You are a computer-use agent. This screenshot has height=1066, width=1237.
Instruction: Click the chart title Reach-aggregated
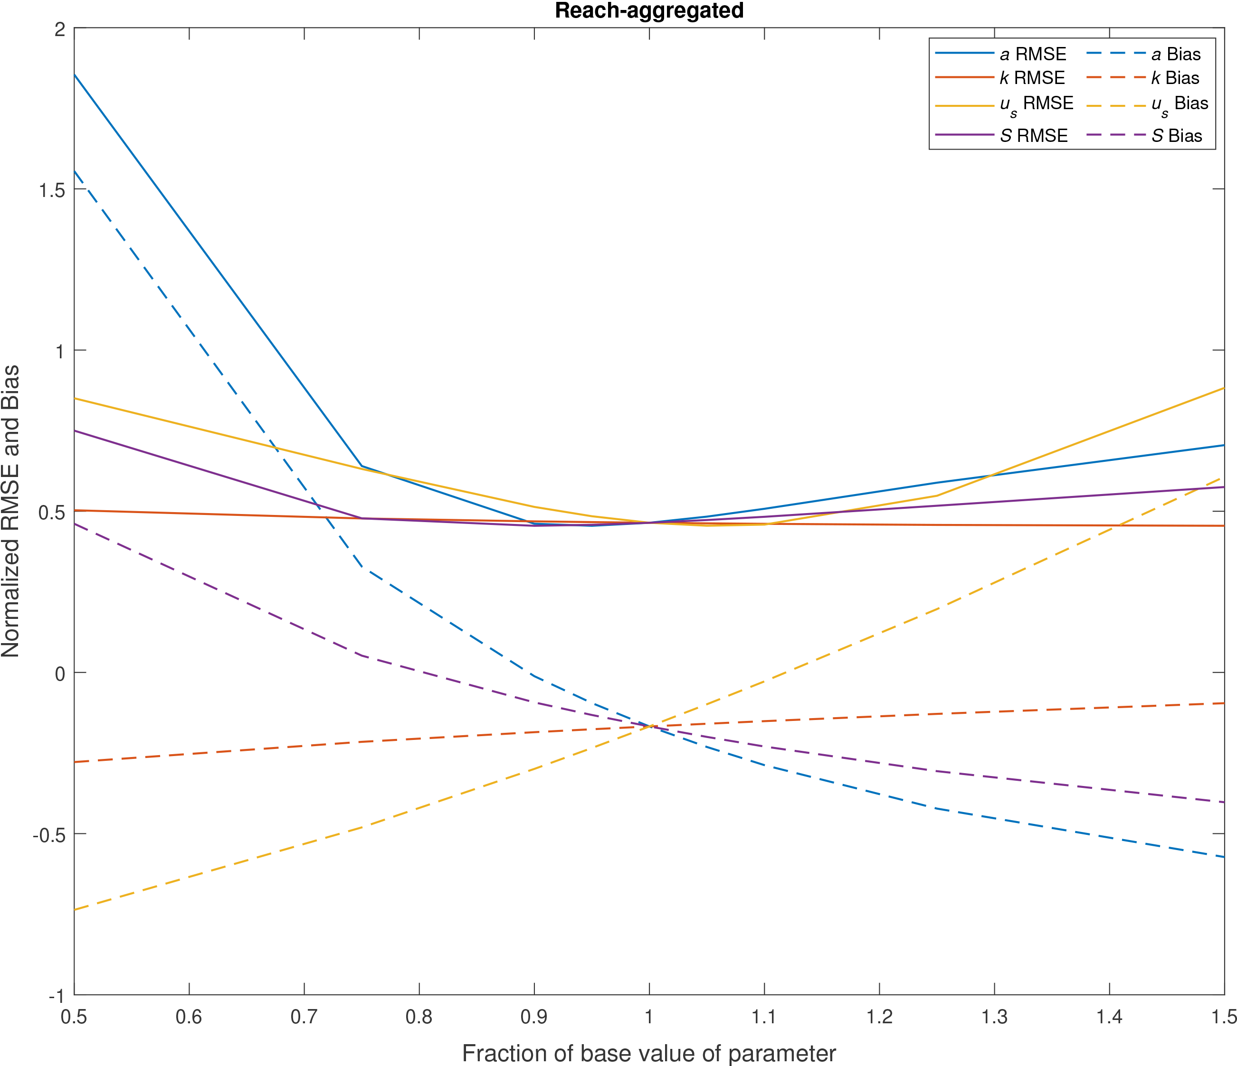click(x=649, y=11)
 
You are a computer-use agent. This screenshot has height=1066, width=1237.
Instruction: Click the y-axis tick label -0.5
click(x=49, y=834)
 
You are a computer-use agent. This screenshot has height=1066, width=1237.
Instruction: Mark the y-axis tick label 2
click(x=60, y=28)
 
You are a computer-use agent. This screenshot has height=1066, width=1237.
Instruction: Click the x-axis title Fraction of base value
click(x=649, y=1053)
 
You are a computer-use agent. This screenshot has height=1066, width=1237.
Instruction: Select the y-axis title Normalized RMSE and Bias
click(x=11, y=511)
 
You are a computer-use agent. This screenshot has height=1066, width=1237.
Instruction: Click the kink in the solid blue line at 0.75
click(x=362, y=467)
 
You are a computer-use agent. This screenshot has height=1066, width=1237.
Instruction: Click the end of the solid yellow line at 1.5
click(x=1224, y=388)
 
